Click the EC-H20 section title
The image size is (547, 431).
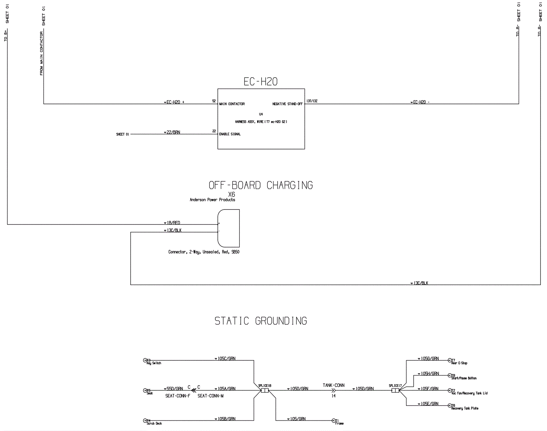coord(261,82)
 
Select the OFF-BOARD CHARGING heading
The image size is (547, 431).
coord(261,185)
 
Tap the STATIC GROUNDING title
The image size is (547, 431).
coord(261,321)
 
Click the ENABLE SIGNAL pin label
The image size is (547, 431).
coord(230,134)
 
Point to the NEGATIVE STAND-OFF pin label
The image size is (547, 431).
coord(287,104)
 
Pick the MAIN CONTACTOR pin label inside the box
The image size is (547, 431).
coord(232,104)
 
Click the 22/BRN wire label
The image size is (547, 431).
coord(173,132)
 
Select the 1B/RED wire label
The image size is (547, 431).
coord(174,223)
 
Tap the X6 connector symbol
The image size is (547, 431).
coord(229,228)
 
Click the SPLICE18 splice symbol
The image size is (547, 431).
coord(265,390)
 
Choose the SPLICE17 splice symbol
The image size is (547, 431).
coord(395,390)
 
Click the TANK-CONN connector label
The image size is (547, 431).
coord(334,385)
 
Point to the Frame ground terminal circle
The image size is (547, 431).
coord(334,421)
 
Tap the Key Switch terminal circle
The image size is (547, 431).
coord(145,360)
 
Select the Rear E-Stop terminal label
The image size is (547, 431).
coord(459,363)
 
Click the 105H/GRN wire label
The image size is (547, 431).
coord(430,374)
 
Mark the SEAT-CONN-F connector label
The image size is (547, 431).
coord(178,396)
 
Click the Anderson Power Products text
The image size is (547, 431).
coord(212,200)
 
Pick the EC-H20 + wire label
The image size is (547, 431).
coord(175,102)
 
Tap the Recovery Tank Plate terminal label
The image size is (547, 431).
coord(465,408)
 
